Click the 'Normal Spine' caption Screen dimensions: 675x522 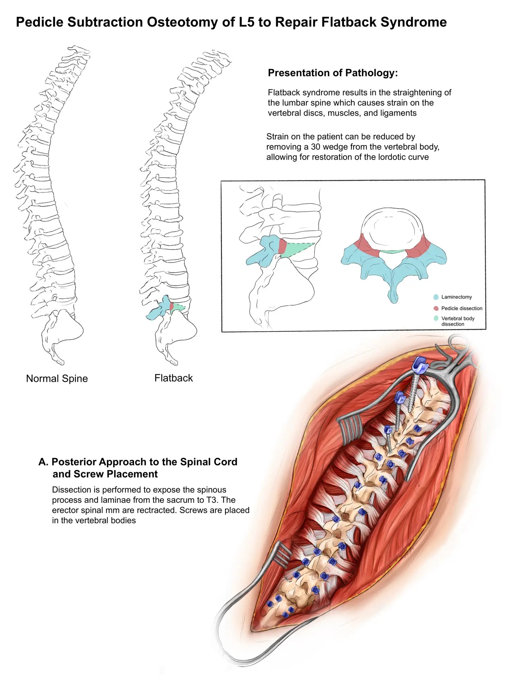pos(57,379)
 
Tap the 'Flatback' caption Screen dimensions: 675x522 pos(173,378)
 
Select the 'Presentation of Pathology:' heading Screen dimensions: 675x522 pos(333,73)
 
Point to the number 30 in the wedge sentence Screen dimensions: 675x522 pos(316,147)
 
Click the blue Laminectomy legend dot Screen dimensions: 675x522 pos(436,297)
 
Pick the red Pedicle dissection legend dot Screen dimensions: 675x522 pos(436,308)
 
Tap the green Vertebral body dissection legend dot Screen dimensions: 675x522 pos(436,318)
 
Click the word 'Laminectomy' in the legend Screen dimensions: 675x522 pos(456,297)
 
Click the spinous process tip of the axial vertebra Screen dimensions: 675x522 pos(394,297)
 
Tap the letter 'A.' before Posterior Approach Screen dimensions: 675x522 pos(43,462)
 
